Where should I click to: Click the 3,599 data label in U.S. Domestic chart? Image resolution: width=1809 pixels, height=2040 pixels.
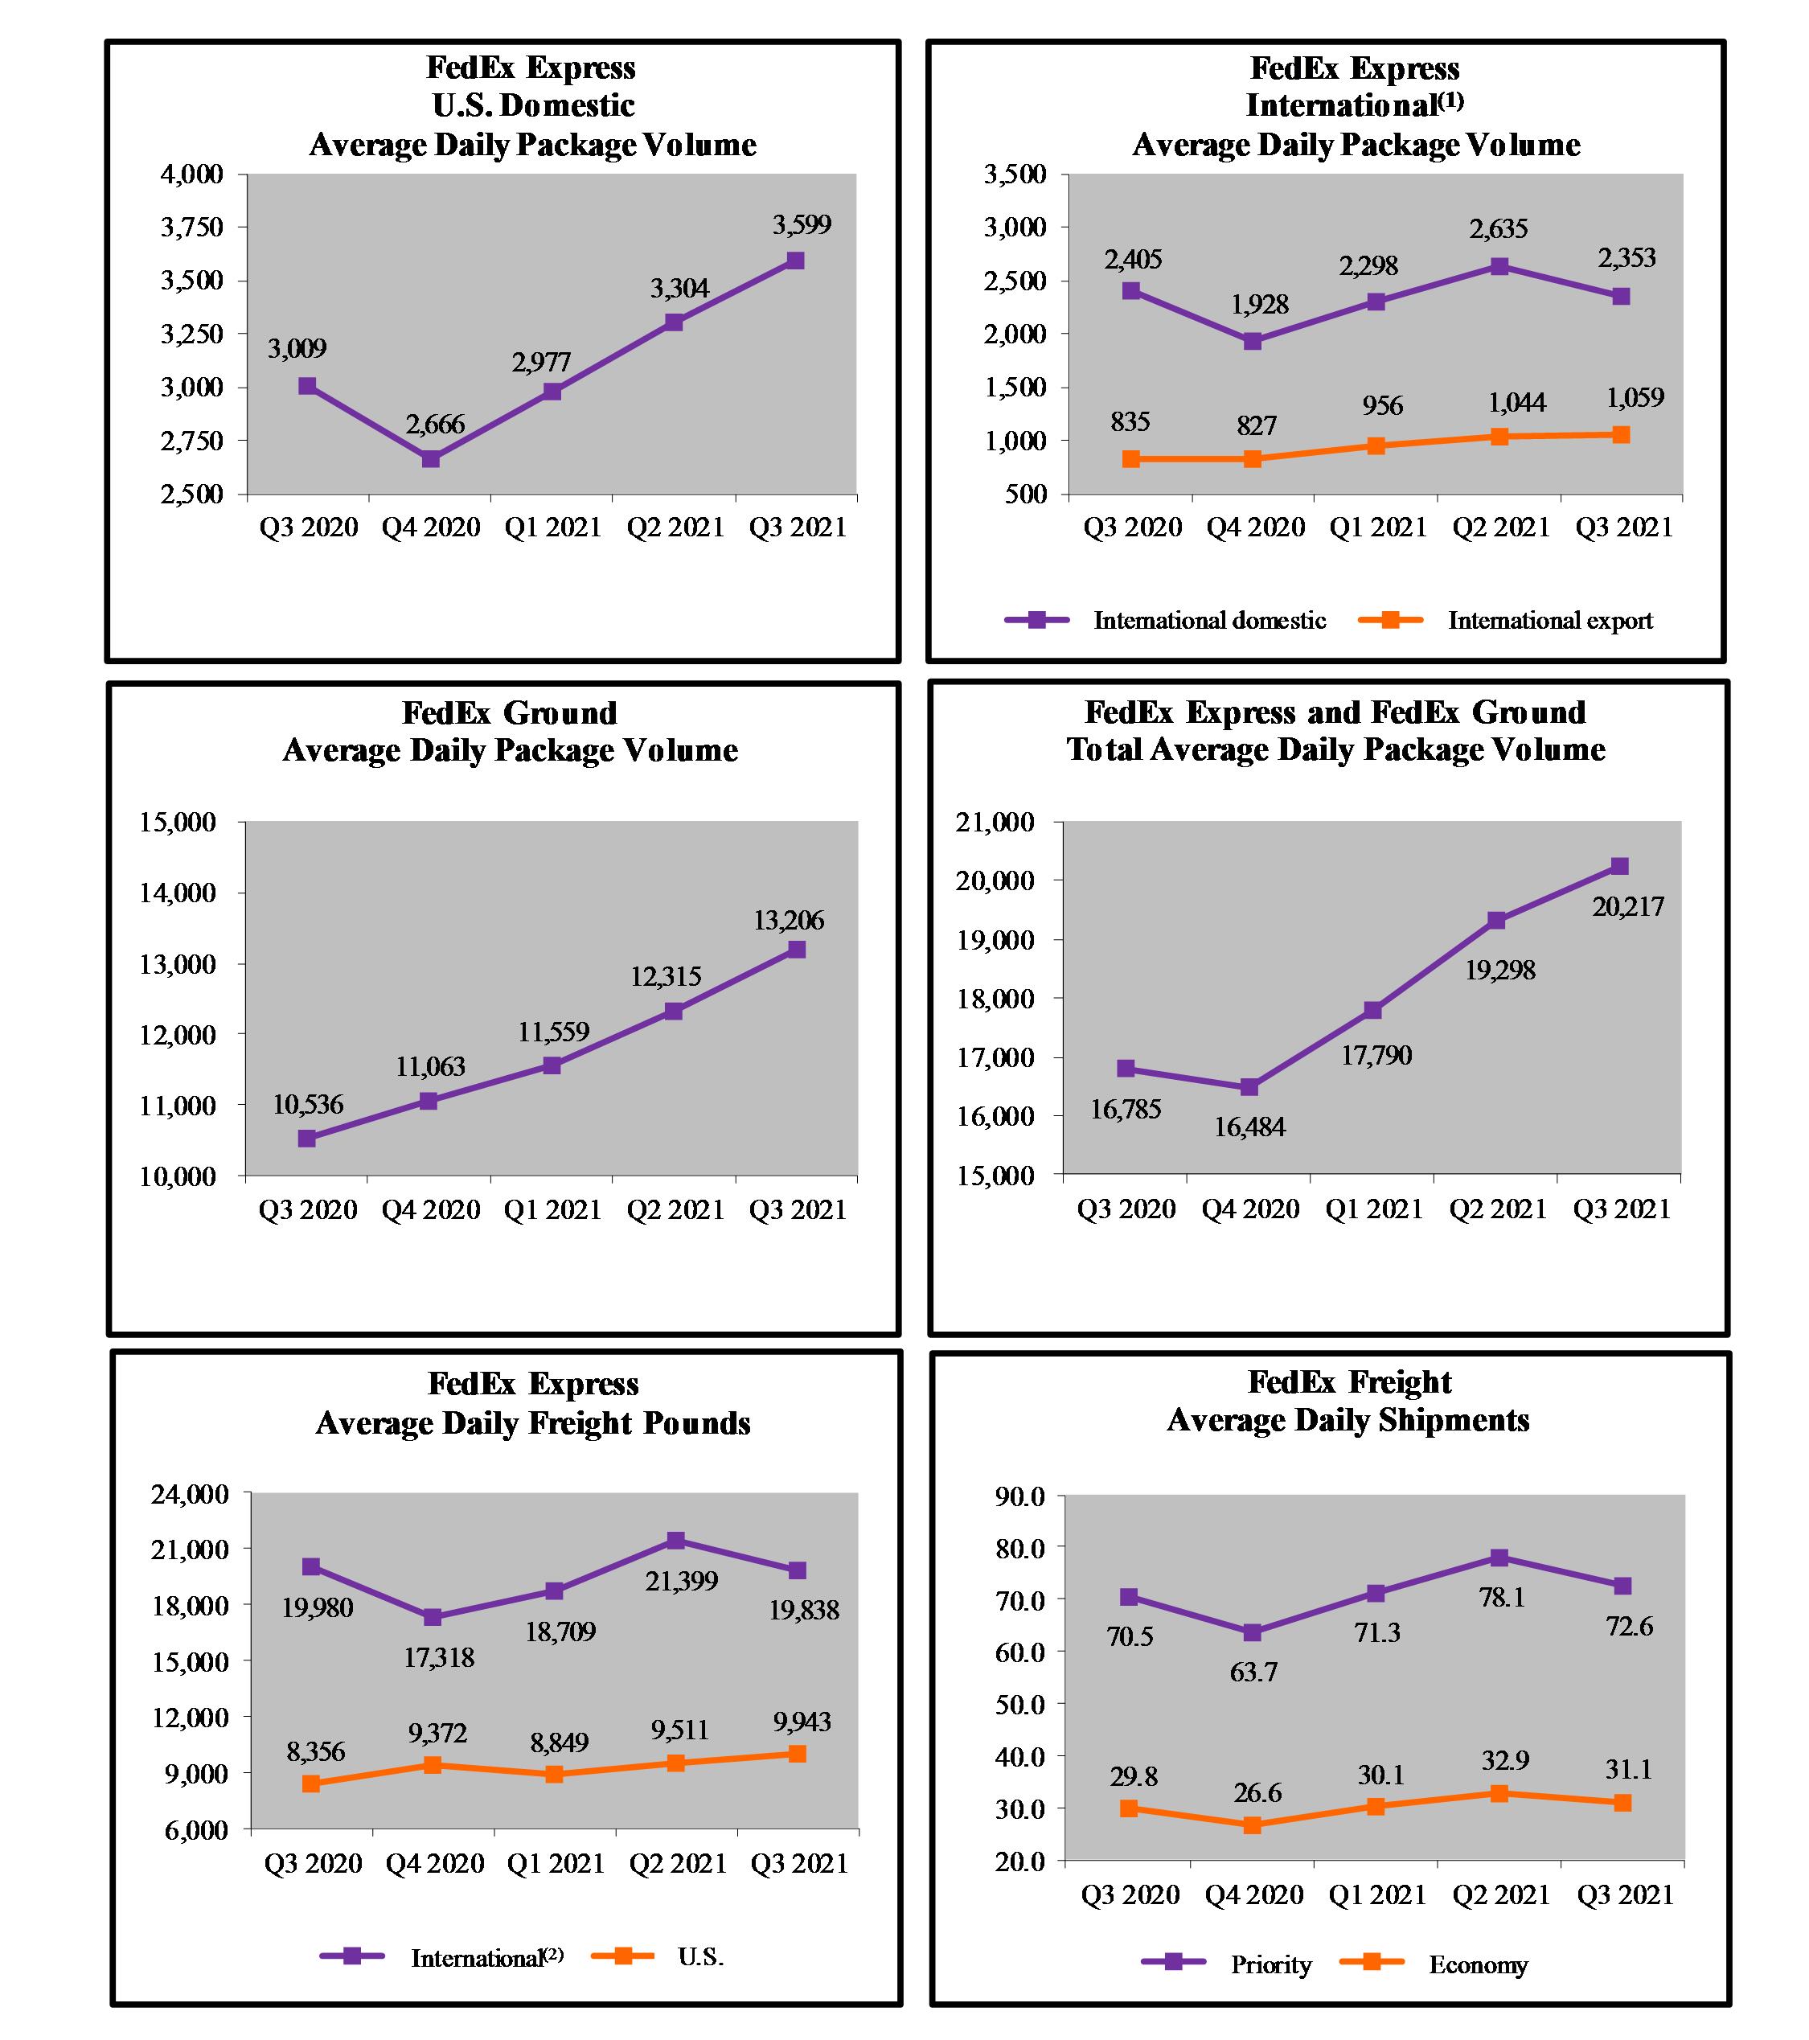click(x=802, y=224)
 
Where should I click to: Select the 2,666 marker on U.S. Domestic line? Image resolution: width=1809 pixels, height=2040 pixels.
click(x=431, y=458)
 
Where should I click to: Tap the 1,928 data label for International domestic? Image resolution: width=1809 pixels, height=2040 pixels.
click(x=1259, y=305)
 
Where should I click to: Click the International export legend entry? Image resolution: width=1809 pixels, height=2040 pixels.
click(x=1549, y=621)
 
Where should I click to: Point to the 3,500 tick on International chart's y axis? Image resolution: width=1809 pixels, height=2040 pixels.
click(x=1015, y=174)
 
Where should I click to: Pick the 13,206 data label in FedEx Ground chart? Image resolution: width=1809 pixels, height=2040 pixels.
click(x=788, y=920)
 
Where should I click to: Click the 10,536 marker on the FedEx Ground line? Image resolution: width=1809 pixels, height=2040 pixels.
click(x=307, y=1138)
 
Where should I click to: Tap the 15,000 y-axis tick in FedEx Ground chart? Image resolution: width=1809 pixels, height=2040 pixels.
click(x=178, y=823)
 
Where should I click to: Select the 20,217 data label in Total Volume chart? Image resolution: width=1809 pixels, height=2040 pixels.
click(x=1627, y=906)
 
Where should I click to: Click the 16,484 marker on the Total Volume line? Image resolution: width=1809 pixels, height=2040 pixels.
click(x=1249, y=1087)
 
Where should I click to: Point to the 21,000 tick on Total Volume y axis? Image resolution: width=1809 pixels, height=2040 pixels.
click(x=995, y=823)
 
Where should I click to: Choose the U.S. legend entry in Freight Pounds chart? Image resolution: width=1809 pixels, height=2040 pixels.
click(x=700, y=1956)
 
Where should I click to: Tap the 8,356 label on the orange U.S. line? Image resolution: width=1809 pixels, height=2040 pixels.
click(x=315, y=1751)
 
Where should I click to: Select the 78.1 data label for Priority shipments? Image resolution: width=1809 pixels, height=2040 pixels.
click(x=1502, y=1597)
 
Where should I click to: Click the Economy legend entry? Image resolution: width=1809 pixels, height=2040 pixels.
click(x=1478, y=1964)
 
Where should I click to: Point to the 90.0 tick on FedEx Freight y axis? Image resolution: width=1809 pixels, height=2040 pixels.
click(x=1019, y=1496)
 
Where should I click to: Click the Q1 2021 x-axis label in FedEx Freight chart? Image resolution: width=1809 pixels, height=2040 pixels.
click(x=1377, y=1894)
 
